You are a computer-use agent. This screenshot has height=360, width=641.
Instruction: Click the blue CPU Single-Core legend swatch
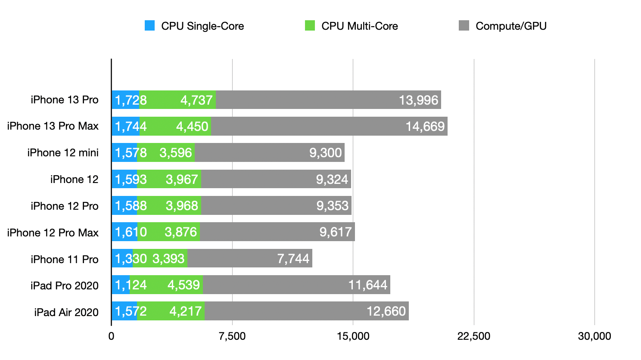(149, 26)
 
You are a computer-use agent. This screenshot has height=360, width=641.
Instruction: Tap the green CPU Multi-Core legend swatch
(310, 26)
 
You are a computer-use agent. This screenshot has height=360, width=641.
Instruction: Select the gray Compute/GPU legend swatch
(464, 26)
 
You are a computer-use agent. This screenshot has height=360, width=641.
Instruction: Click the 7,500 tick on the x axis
(232, 336)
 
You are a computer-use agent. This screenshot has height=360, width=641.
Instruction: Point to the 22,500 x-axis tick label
(473, 336)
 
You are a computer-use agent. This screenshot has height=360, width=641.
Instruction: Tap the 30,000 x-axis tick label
(594, 336)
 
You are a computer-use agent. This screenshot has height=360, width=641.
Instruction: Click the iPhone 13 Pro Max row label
(53, 126)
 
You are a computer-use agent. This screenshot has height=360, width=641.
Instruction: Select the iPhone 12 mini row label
(63, 153)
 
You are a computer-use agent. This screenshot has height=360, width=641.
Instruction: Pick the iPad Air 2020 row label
(66, 312)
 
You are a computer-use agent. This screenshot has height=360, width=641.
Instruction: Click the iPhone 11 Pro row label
(65, 259)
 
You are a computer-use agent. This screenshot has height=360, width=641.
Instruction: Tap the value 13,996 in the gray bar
(418, 100)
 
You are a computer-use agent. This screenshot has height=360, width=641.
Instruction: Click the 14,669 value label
(425, 127)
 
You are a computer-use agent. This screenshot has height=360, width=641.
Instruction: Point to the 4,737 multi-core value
(196, 100)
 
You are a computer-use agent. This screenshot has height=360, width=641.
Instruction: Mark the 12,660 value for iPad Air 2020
(386, 311)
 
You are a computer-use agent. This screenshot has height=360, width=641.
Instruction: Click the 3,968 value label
(182, 206)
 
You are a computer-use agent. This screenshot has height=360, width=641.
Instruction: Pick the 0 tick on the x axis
(112, 336)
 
